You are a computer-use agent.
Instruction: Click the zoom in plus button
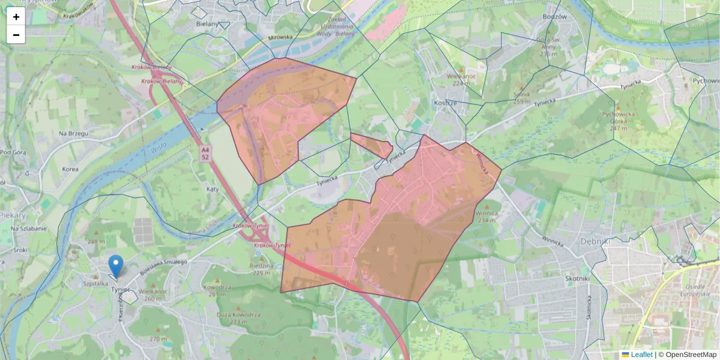pos(16,17)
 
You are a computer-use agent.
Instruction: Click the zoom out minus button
pos(16,35)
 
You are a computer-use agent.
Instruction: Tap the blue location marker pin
pos(116,265)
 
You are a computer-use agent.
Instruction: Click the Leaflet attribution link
pos(641,355)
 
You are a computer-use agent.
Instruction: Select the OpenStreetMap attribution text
pos(690,355)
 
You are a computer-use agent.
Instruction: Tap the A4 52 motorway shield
pos(205,153)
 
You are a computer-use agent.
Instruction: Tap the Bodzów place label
pos(554,17)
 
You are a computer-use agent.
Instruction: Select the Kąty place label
pos(212,188)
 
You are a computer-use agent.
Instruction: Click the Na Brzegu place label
pos(74,133)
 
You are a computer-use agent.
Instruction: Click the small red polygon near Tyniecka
pos(372,145)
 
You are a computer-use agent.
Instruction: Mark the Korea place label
pos(70,169)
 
